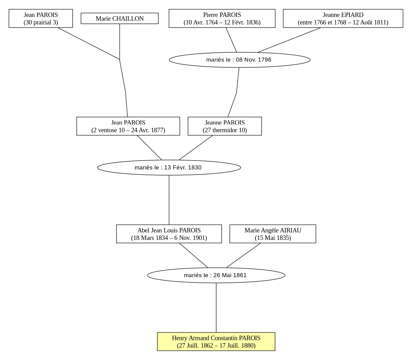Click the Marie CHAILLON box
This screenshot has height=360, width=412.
[x=120, y=18]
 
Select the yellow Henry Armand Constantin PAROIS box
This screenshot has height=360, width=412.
[x=216, y=342]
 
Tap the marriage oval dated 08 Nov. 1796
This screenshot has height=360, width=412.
[x=240, y=60]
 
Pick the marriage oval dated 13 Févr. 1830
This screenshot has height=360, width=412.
[x=169, y=167]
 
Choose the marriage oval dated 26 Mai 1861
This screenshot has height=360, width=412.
[x=216, y=275]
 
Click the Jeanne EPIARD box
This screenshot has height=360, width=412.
[x=343, y=18]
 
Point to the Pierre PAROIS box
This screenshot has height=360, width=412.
[x=222, y=18]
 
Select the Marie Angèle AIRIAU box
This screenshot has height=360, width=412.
[x=273, y=234]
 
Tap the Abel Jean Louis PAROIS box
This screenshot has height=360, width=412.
[x=169, y=234]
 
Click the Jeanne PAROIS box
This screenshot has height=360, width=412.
[x=225, y=126]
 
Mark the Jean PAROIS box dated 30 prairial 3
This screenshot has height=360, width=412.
[x=41, y=18]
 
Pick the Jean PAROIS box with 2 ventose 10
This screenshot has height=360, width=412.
[x=128, y=126]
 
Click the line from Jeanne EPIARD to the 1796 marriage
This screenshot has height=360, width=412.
[x=289, y=40]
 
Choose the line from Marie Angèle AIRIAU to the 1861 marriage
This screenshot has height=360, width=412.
[x=243, y=256]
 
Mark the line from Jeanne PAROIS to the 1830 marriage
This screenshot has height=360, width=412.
[x=196, y=148]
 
